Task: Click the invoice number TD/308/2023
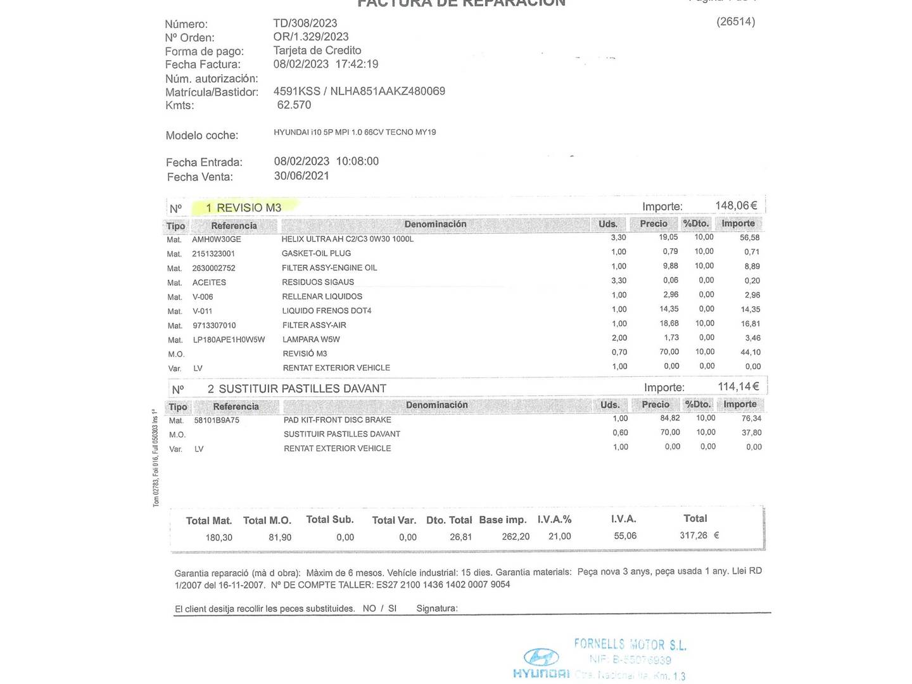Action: [x=305, y=23]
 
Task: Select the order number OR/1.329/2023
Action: [x=311, y=37]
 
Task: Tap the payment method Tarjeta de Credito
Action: [x=317, y=51]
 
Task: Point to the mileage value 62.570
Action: [x=294, y=105]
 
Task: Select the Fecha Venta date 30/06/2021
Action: [x=301, y=176]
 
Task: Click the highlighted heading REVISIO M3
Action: [x=244, y=208]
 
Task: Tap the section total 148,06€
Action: [x=736, y=206]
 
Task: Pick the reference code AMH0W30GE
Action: [x=217, y=239]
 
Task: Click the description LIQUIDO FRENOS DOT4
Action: [x=327, y=311]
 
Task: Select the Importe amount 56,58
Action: [x=750, y=237]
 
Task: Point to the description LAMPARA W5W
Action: [x=311, y=339]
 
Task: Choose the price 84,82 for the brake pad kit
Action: [x=669, y=419]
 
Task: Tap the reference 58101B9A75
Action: [x=217, y=421]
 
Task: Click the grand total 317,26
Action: [x=693, y=536]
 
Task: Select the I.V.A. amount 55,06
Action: [x=625, y=536]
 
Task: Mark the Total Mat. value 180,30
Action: [x=218, y=538]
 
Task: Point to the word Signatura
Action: [x=436, y=609]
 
